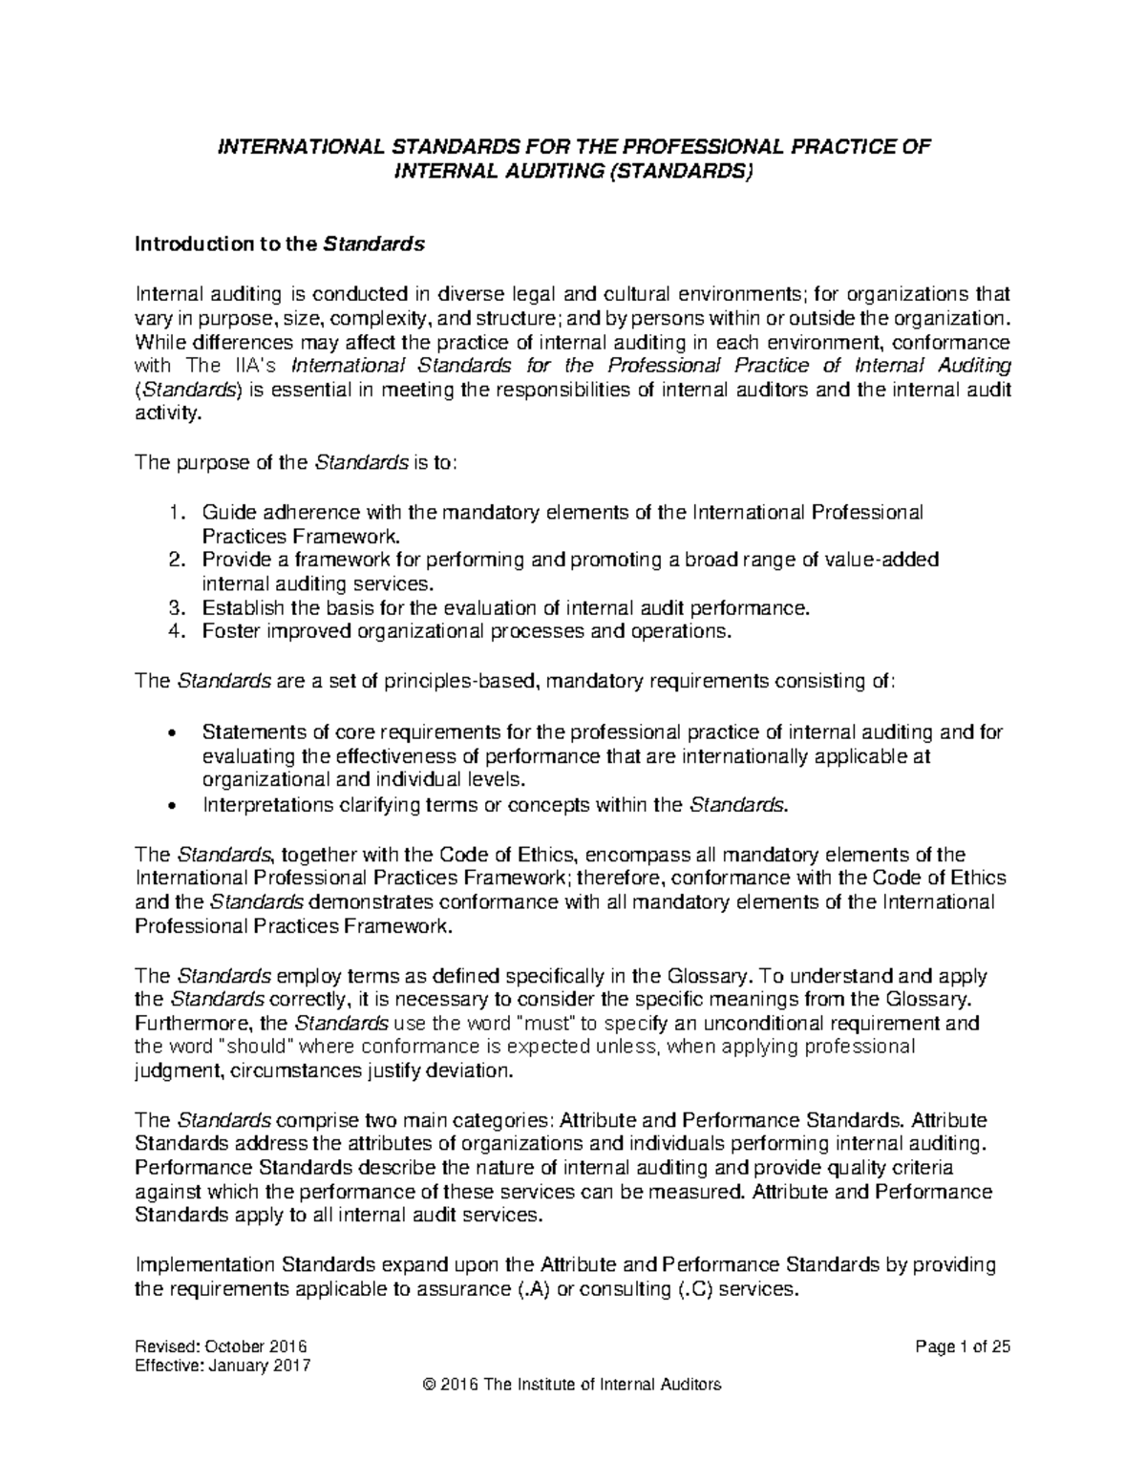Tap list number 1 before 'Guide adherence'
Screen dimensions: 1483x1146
(173, 512)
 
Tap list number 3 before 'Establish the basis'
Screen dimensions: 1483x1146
(173, 607)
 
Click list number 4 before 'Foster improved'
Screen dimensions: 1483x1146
(173, 631)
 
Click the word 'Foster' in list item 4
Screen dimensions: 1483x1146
(228, 631)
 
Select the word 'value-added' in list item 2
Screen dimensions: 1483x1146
(893, 560)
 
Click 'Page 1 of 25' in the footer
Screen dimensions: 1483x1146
(962, 1347)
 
